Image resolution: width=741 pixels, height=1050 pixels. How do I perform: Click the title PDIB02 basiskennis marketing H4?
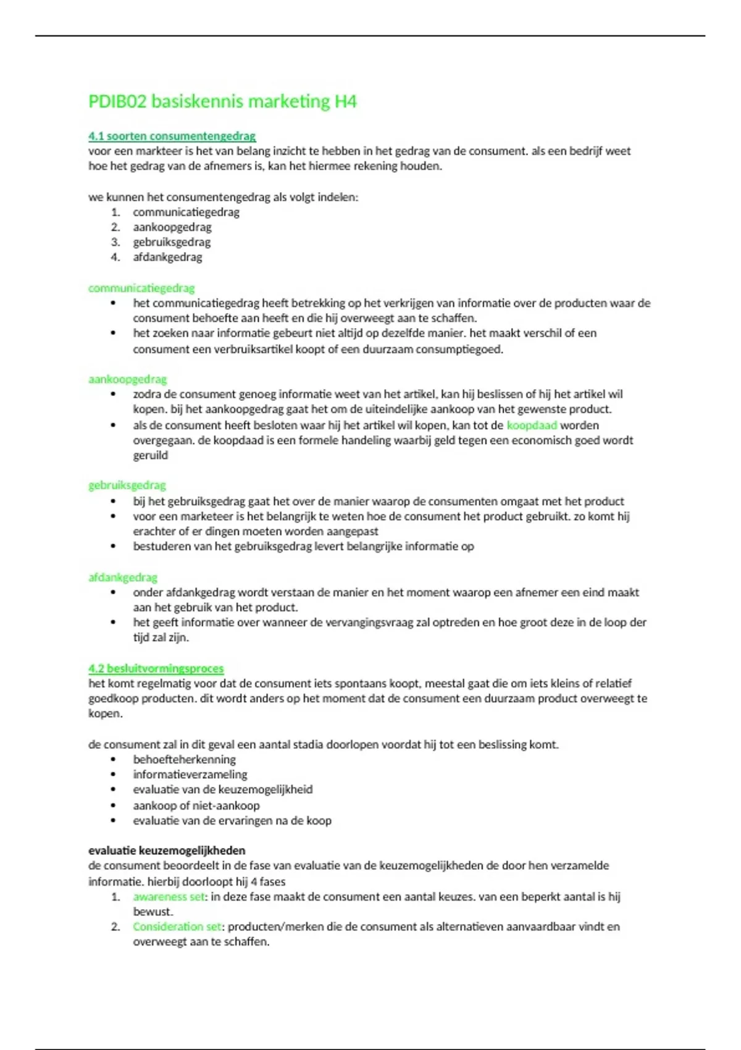(222, 101)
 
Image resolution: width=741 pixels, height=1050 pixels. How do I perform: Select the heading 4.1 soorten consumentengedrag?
(172, 136)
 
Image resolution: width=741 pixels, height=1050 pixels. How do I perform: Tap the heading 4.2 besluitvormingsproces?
(156, 668)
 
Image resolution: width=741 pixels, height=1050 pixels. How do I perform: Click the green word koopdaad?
(532, 425)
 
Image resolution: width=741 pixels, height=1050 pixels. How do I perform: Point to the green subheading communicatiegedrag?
(141, 288)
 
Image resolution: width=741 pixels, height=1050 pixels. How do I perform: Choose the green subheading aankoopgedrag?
(127, 379)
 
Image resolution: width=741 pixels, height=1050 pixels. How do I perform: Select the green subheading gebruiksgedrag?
(127, 485)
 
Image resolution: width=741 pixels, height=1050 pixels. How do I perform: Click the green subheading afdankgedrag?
(122, 577)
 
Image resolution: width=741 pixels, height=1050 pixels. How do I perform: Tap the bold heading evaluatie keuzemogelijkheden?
(167, 850)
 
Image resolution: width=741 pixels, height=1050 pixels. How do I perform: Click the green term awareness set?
(169, 897)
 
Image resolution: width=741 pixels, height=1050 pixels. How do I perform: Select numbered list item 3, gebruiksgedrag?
(172, 242)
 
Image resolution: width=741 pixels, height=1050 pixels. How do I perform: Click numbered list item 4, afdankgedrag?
(167, 257)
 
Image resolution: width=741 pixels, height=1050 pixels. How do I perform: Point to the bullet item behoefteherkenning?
(184, 759)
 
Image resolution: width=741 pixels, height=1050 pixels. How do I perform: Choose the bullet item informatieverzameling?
(190, 775)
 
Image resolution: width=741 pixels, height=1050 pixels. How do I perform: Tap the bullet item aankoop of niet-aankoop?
(196, 805)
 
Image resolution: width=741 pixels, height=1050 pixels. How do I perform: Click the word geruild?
(150, 455)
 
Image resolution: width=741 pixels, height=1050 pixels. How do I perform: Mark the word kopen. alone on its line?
(105, 713)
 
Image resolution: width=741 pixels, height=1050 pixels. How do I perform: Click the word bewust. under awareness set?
(153, 912)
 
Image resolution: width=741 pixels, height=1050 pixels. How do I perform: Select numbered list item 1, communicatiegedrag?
(186, 212)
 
